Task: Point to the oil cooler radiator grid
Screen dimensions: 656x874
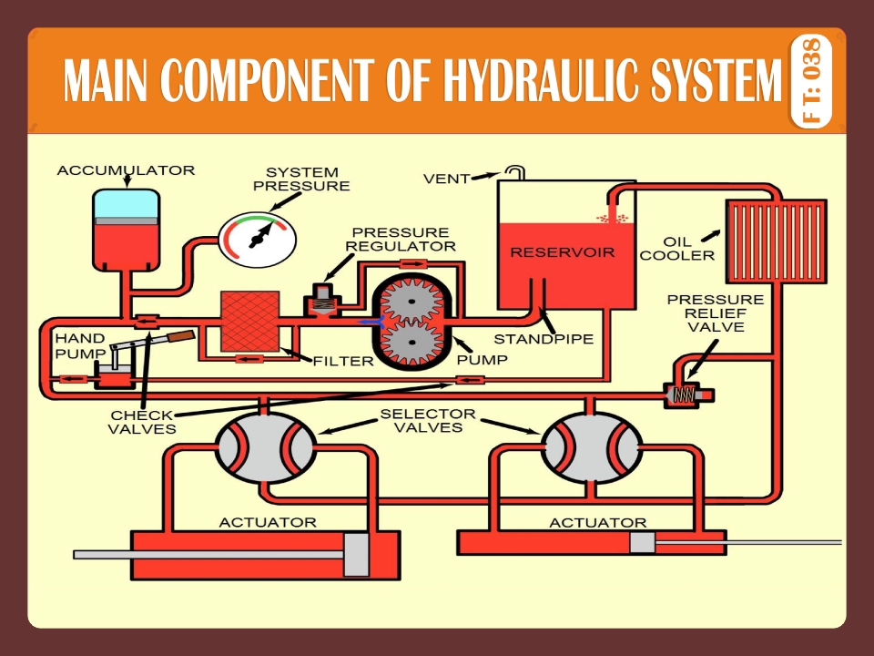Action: pyautogui.click(x=775, y=242)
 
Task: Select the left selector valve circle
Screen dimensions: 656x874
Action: pyautogui.click(x=264, y=446)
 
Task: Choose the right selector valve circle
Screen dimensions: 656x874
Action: pyautogui.click(x=593, y=446)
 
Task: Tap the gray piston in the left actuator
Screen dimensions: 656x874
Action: pyautogui.click(x=357, y=554)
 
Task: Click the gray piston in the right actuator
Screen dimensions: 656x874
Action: pyautogui.click(x=642, y=543)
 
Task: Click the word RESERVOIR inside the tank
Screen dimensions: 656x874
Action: pyautogui.click(x=562, y=252)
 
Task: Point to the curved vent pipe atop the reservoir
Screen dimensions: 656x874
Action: pyautogui.click(x=516, y=171)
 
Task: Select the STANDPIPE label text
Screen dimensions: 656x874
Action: pyautogui.click(x=544, y=339)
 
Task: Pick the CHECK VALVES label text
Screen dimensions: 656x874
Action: pyautogui.click(x=143, y=422)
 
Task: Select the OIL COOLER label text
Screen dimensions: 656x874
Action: pyautogui.click(x=676, y=249)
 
